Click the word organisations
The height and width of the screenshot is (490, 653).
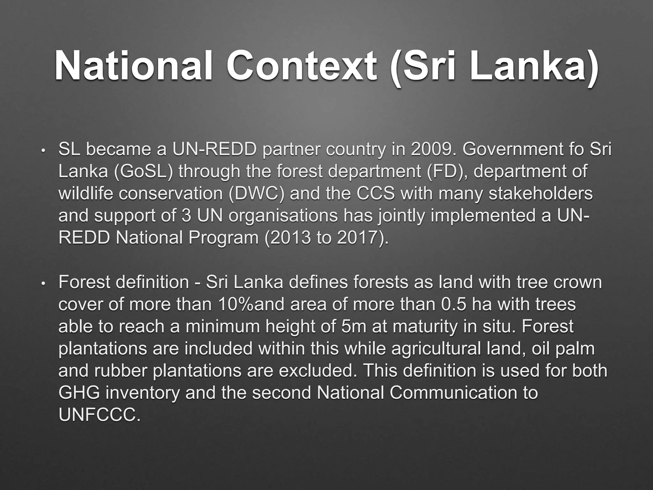point(283,216)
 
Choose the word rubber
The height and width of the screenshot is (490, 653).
point(121,370)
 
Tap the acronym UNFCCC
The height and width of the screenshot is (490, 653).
point(99,415)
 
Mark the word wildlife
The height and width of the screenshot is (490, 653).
point(85,194)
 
